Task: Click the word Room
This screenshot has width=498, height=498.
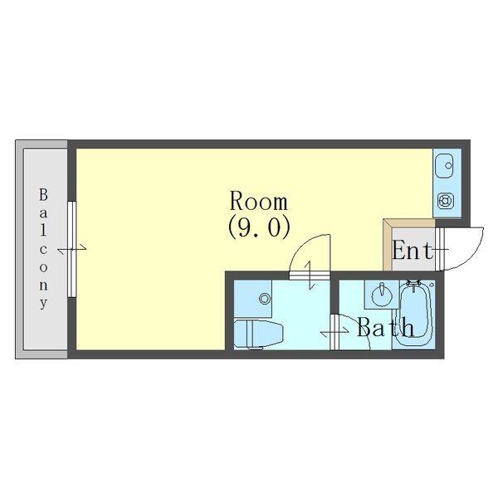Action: (x=258, y=202)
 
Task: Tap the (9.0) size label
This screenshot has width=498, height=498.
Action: (x=258, y=227)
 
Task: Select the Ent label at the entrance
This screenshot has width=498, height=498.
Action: (x=412, y=251)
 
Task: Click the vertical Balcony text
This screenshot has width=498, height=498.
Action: (x=43, y=249)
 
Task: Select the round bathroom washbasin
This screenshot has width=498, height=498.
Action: (x=383, y=295)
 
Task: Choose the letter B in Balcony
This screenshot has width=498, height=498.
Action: (x=43, y=195)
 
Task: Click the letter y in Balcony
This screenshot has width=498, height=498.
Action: (x=43, y=303)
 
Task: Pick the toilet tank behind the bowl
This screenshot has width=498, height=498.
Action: (x=241, y=334)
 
